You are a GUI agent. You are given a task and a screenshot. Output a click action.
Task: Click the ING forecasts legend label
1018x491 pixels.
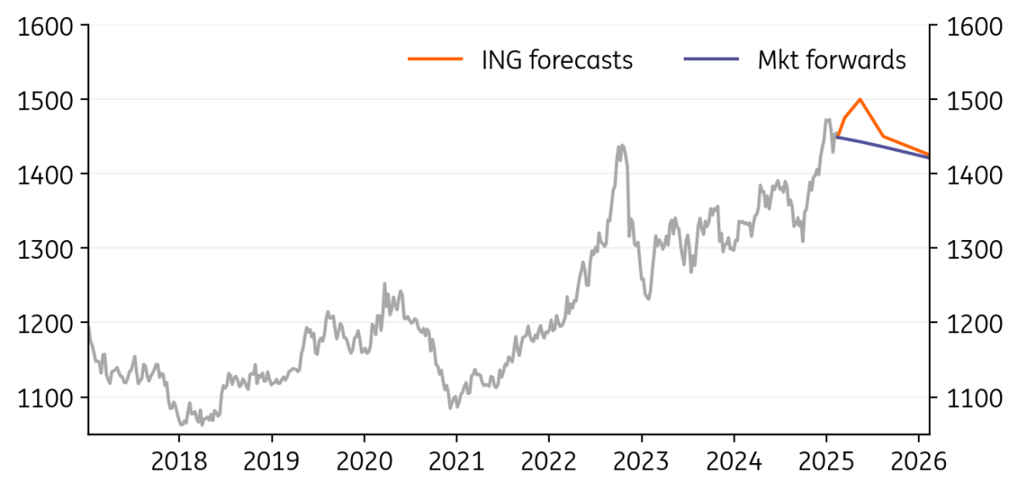(x=557, y=60)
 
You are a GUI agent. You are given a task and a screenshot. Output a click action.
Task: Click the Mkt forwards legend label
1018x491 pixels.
(x=831, y=60)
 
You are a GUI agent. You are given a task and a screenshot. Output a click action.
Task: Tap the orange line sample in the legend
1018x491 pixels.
(x=435, y=59)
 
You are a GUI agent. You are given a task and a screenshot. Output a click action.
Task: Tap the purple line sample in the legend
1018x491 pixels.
(x=711, y=59)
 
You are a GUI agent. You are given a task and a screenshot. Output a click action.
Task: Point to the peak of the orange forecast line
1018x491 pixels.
(x=860, y=99)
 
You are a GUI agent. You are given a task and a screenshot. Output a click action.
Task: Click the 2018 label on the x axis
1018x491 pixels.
(x=179, y=463)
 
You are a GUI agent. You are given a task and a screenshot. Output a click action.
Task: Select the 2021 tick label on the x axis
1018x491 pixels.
(x=456, y=463)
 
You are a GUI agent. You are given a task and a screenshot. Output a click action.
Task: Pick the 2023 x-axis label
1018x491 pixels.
(x=641, y=463)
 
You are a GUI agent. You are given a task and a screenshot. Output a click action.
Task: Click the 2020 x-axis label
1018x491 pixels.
(x=364, y=463)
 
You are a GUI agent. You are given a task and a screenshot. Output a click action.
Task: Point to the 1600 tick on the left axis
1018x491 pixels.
(x=42, y=26)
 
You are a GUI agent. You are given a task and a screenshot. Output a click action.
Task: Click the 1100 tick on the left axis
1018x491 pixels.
(x=42, y=398)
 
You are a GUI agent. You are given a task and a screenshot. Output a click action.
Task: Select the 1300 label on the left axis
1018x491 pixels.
(x=42, y=249)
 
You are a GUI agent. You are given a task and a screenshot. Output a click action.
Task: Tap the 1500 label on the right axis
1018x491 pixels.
(x=975, y=101)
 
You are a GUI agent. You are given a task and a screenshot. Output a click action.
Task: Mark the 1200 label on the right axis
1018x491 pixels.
(x=975, y=323)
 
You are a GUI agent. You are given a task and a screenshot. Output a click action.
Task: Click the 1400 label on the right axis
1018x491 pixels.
(x=975, y=175)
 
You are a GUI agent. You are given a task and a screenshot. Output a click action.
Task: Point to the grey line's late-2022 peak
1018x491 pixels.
(x=622, y=145)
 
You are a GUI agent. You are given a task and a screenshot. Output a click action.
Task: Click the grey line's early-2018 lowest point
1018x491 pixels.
(x=182, y=424)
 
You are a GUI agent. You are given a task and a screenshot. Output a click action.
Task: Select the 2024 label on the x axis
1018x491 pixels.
(x=734, y=463)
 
